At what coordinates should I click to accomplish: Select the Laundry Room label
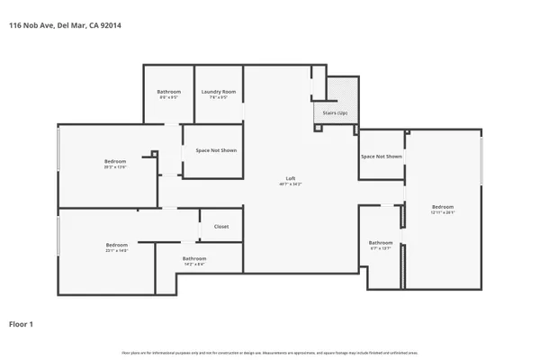(219, 91)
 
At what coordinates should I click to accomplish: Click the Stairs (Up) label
(324, 113)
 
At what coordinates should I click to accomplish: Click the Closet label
(221, 227)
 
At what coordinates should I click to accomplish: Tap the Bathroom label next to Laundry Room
(169, 91)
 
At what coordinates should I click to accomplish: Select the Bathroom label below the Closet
(195, 258)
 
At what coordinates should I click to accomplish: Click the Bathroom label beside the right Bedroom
(381, 242)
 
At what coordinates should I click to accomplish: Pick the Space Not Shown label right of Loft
(382, 157)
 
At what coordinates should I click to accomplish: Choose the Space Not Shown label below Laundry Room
(217, 150)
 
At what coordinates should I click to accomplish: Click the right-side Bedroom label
(443, 206)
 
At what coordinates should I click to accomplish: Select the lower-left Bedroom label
(117, 245)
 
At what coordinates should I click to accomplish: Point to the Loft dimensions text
(289, 184)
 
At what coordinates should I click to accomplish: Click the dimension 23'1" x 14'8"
(117, 251)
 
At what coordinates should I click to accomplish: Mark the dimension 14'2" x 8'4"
(195, 265)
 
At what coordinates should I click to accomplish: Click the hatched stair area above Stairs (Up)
(343, 89)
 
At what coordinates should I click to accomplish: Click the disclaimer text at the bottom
(270, 351)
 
